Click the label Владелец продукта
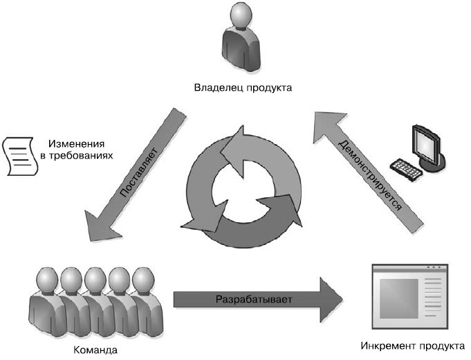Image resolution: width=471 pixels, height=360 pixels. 243,88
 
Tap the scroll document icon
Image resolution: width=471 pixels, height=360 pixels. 19,156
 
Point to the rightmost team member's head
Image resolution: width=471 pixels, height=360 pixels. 142,280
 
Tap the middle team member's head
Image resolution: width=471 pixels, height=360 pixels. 95,280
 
